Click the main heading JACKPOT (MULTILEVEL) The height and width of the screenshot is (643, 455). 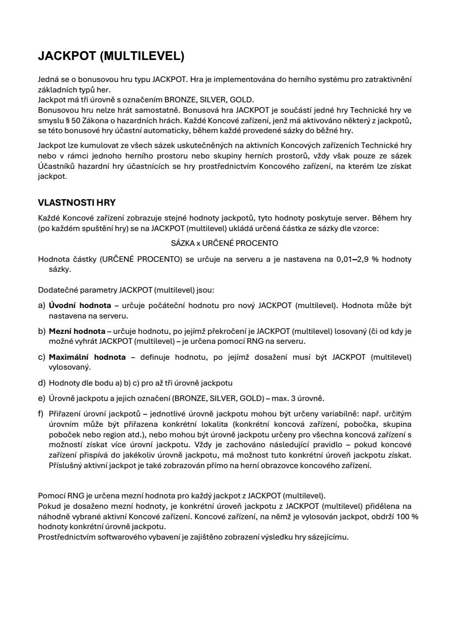[x=111, y=56]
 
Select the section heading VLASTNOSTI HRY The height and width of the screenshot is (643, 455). [x=76, y=202]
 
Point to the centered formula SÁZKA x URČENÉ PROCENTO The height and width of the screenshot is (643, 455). [x=224, y=242]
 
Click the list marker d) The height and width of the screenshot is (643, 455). [x=42, y=382]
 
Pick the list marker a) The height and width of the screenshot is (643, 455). [x=42, y=305]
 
